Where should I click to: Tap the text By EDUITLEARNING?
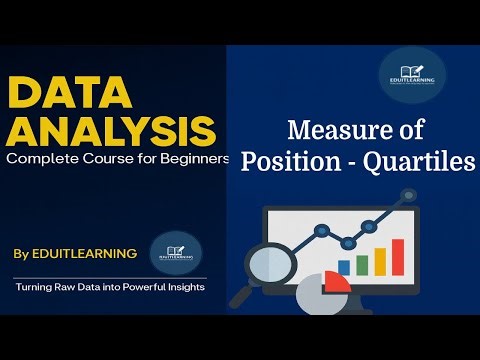[76, 254]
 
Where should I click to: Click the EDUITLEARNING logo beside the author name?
[175, 252]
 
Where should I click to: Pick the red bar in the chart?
[397, 256]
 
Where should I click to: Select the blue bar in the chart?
[344, 267]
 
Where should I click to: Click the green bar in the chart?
[362, 263]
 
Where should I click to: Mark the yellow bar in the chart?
[379, 261]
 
